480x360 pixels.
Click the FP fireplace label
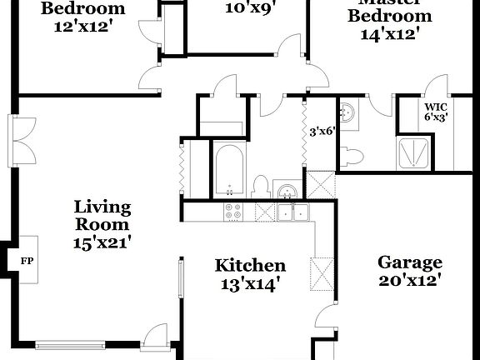point(25,260)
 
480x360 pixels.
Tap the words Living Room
point(102,215)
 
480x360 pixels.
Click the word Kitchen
point(250,266)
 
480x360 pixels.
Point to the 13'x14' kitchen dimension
point(250,284)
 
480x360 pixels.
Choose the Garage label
point(410,262)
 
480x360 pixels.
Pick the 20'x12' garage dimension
point(410,282)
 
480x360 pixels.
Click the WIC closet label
point(436,107)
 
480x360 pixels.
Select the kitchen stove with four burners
point(234,212)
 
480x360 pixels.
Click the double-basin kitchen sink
point(292,212)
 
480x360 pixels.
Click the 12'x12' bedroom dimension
point(83,28)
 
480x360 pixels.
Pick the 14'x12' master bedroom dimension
point(389,34)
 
